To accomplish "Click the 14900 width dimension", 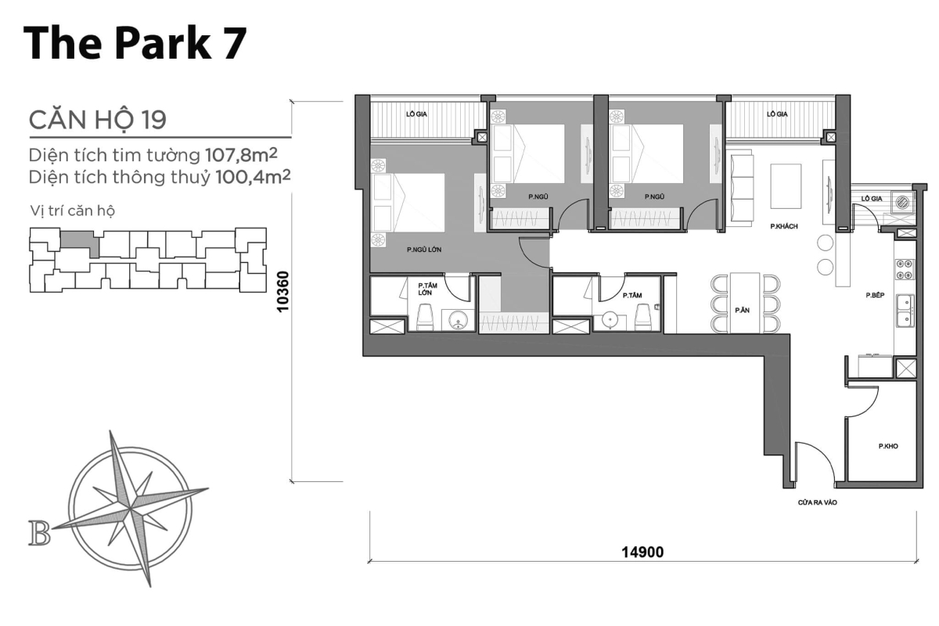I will (642, 552).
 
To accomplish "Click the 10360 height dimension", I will (284, 291).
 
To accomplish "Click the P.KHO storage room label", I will (887, 447).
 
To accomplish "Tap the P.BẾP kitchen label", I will (875, 295).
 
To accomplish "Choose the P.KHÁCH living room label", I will (783, 226).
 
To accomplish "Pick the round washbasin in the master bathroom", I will (457, 319).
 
